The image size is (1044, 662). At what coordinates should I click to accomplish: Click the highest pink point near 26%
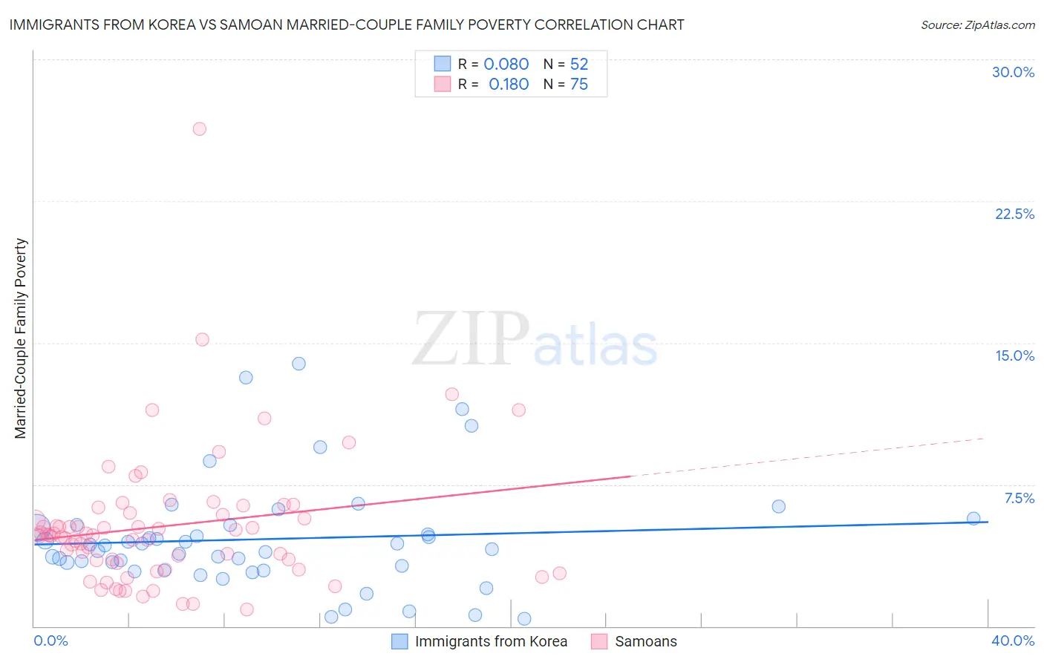coord(199,129)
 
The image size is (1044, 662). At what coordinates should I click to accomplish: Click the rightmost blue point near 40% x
coord(973,519)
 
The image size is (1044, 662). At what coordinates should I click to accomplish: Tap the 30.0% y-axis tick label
coord(1013,72)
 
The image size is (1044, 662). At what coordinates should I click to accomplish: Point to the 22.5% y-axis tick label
coord(1014,214)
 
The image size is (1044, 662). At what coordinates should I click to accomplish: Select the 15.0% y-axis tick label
coord(1014,355)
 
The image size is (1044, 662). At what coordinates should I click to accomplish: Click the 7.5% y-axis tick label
coord(1019,498)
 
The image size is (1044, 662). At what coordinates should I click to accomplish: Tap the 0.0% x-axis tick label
coord(50,640)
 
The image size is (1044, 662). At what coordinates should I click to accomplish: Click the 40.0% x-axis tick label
coord(1013,640)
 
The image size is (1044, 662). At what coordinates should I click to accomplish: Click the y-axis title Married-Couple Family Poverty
coord(21,338)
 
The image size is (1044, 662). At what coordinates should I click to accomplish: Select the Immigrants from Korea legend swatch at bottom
coord(399,641)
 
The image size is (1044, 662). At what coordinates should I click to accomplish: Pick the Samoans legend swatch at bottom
coord(599,641)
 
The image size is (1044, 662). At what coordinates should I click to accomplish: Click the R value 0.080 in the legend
coord(506,65)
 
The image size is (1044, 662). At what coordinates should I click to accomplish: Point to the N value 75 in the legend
coord(579,85)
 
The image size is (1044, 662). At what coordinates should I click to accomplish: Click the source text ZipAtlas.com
coord(978,25)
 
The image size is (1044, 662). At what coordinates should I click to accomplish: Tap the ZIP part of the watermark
coord(471,339)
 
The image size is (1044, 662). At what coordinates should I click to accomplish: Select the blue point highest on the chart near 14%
coord(298,364)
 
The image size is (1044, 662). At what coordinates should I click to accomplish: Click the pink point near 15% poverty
coord(202,340)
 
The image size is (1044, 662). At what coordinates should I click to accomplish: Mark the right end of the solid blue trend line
coord(988,522)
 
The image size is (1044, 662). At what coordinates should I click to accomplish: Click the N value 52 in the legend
coord(579,65)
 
